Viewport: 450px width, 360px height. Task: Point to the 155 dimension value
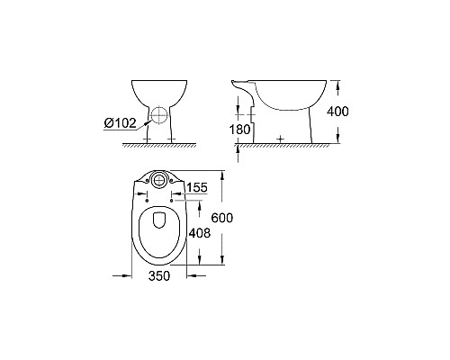(x=200, y=187)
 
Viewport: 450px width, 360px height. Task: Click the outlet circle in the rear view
(x=158, y=115)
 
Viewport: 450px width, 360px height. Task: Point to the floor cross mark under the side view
(x=281, y=139)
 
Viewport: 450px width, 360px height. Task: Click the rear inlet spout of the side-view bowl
(x=242, y=87)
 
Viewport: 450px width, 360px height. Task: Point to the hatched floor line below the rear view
(x=158, y=145)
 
